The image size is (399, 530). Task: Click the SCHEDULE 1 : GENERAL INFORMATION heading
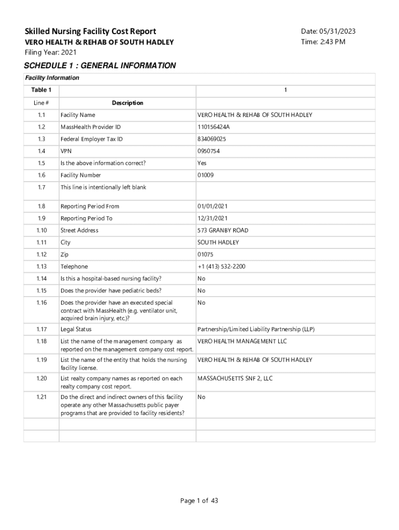tap(100, 66)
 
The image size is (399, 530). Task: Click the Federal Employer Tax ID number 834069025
tap(211, 139)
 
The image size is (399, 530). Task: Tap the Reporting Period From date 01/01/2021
tap(213, 206)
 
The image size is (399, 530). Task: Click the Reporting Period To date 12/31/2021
tap(213, 218)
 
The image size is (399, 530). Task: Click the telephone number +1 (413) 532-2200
tap(221, 267)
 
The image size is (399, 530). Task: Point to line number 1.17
tap(41, 329)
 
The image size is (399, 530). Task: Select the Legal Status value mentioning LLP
tap(256, 329)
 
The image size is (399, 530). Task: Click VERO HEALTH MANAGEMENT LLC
tap(242, 342)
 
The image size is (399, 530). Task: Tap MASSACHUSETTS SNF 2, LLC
tap(235, 378)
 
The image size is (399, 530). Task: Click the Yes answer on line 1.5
tap(202, 163)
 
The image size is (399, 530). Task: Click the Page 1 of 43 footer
tap(199, 500)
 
